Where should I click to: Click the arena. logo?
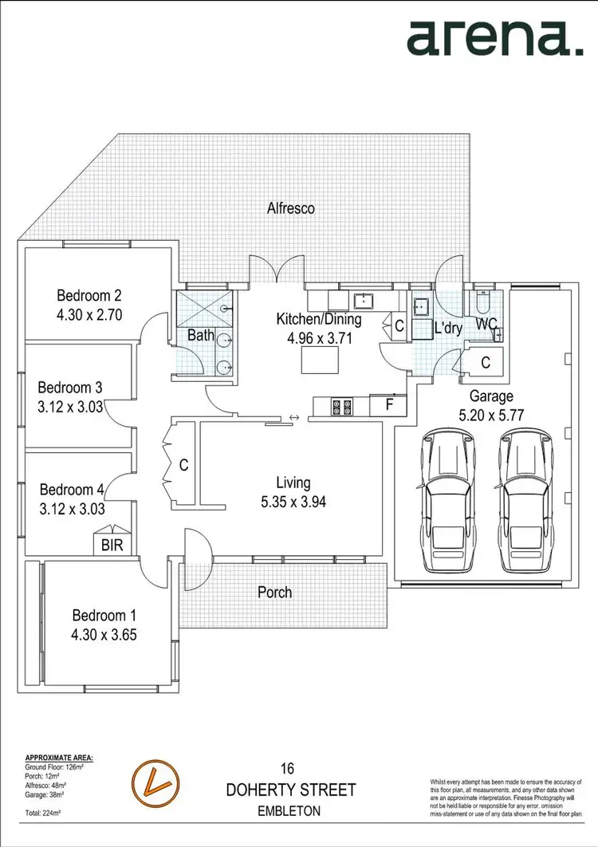point(494,37)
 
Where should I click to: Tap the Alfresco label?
point(291,209)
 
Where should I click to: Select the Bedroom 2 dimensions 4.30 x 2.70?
point(89,314)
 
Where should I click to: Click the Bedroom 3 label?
point(70,388)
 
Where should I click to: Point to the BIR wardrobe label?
point(112,546)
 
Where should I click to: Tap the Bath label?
point(200,335)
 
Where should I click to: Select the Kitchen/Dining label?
point(319,319)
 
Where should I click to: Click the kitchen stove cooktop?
point(343,407)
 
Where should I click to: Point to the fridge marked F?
point(389,405)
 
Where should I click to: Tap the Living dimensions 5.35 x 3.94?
point(293,502)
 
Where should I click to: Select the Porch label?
point(274,593)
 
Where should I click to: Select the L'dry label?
point(448,328)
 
